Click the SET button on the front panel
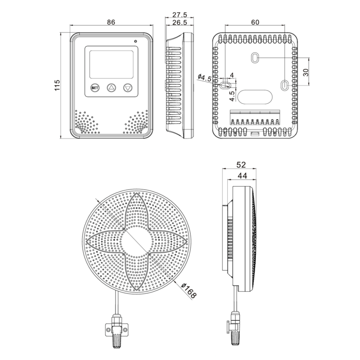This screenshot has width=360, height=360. (x=94, y=88)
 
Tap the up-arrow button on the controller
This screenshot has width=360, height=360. (x=111, y=87)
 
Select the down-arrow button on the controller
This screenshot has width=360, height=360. (x=128, y=87)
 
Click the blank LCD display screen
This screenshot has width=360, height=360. (x=111, y=64)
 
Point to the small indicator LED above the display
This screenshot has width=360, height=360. (x=135, y=41)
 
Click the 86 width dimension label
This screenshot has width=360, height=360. (x=111, y=22)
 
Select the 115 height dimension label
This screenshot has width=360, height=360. (x=57, y=85)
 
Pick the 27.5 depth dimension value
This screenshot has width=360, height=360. (x=180, y=15)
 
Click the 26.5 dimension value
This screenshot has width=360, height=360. (x=180, y=22)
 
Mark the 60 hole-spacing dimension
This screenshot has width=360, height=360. (x=255, y=22)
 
